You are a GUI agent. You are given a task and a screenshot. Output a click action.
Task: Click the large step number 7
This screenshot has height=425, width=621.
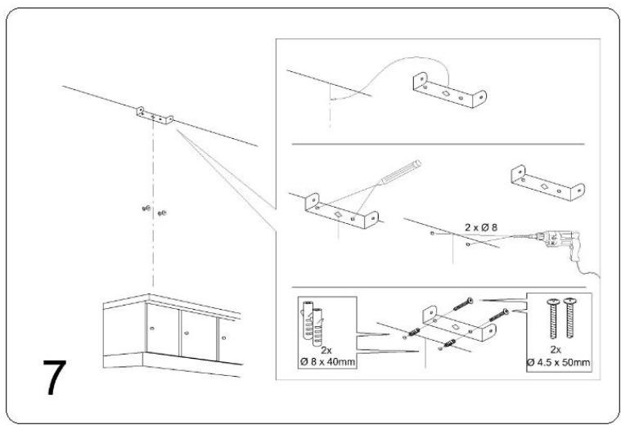[55, 377]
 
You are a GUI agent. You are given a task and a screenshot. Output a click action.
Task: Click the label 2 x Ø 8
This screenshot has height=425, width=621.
[481, 227]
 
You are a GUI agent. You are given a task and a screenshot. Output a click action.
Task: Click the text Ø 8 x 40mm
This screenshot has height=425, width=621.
[327, 362]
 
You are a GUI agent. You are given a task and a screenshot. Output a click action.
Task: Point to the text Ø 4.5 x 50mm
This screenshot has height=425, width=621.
[559, 362]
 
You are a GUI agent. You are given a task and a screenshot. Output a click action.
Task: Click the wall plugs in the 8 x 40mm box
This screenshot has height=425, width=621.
[313, 323]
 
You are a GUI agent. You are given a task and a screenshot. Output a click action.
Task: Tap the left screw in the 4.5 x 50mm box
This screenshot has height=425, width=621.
[553, 318]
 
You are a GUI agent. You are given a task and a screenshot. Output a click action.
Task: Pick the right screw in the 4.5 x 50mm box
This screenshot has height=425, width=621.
[570, 317]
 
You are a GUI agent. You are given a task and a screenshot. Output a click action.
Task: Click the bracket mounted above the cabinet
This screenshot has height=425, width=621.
[155, 115]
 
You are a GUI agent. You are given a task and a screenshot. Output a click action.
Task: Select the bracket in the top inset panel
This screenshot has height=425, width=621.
[449, 90]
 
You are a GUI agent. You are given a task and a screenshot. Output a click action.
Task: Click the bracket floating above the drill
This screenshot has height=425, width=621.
[547, 184]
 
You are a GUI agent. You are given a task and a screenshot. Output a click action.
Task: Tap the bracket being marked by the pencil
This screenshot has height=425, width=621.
[341, 212]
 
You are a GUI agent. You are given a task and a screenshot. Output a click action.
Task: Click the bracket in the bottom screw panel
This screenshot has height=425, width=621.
[460, 324]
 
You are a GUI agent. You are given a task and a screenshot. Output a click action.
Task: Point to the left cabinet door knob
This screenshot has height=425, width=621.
[151, 328]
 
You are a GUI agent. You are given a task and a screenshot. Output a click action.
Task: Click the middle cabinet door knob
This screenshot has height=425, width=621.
[187, 333]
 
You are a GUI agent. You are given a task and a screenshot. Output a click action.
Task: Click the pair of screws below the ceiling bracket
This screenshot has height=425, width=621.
[154, 211]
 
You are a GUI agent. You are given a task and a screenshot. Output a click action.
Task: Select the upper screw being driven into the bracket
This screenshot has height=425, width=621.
[463, 304]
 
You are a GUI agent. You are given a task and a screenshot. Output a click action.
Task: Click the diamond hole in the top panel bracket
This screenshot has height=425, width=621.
[446, 94]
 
